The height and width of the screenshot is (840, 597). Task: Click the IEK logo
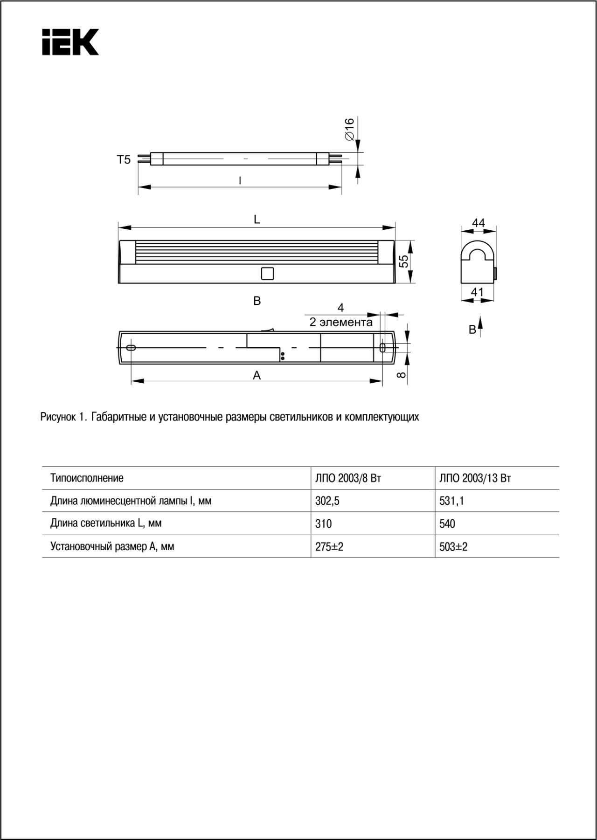pyautogui.click(x=70, y=42)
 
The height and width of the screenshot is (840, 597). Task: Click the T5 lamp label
pyautogui.click(x=124, y=160)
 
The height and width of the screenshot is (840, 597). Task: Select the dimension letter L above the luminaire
pyautogui.click(x=257, y=220)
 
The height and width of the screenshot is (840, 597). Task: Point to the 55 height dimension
pyautogui.click(x=404, y=261)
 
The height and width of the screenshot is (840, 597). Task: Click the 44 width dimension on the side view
pyautogui.click(x=479, y=223)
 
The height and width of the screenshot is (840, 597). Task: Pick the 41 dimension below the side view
pyautogui.click(x=477, y=292)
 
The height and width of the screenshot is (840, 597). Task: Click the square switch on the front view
pyautogui.click(x=267, y=273)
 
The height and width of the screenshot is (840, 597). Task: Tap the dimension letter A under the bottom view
pyautogui.click(x=257, y=375)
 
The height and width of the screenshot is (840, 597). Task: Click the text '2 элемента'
pyautogui.click(x=341, y=322)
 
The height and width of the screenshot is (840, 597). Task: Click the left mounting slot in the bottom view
pyautogui.click(x=131, y=348)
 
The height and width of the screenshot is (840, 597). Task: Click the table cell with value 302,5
pyautogui.click(x=327, y=501)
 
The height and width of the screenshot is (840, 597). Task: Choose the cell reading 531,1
pyautogui.click(x=451, y=501)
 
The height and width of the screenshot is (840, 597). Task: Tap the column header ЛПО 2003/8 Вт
pyautogui.click(x=348, y=478)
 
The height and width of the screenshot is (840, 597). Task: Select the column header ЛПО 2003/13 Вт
pyautogui.click(x=475, y=478)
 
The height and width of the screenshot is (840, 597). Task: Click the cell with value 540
pyautogui.click(x=447, y=524)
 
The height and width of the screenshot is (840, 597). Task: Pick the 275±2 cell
pyautogui.click(x=329, y=547)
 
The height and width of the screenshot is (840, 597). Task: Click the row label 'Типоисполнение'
pyautogui.click(x=87, y=478)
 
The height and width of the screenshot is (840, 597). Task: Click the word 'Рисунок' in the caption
pyautogui.click(x=58, y=417)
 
